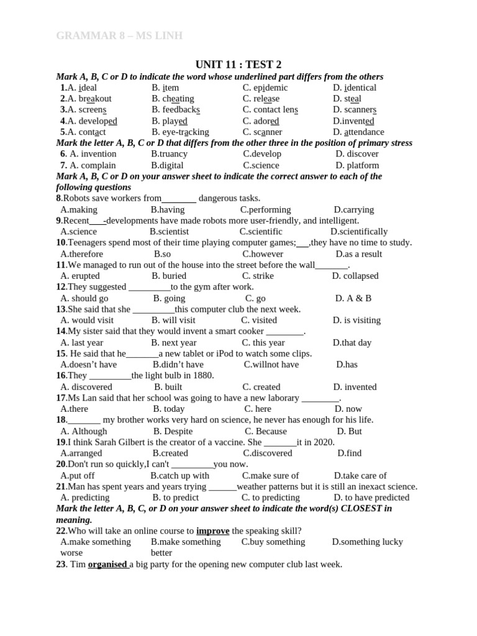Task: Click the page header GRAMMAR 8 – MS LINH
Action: coord(119,36)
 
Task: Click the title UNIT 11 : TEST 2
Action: coord(238,65)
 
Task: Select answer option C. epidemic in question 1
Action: coord(265,88)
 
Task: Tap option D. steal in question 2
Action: coord(347,99)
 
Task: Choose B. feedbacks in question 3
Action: coord(176,110)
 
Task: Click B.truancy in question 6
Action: coord(170,154)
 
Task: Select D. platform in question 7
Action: coord(357,165)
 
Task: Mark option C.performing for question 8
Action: coord(265,210)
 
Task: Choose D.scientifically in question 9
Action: coord(359,232)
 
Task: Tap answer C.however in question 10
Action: coord(263,254)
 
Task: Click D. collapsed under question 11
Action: coord(355,276)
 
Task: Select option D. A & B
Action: coord(353,298)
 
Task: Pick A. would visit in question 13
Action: coord(87,320)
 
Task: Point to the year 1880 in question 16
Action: coord(203,376)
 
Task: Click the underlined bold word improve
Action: coord(213,531)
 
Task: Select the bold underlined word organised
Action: coord(107,565)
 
